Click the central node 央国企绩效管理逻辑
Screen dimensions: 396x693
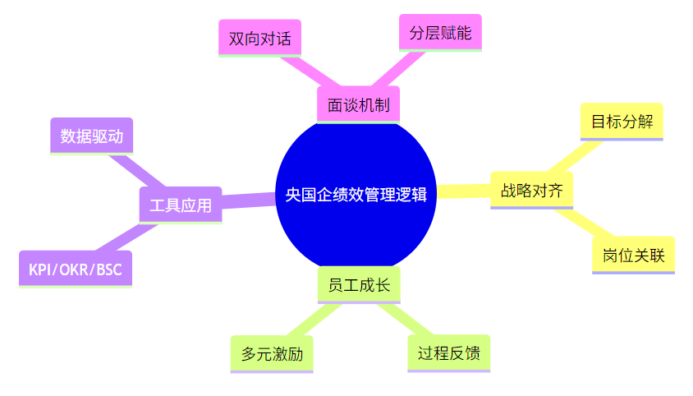(x=355, y=194)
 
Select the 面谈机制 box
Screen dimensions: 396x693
(x=358, y=105)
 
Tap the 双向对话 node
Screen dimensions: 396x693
(x=259, y=39)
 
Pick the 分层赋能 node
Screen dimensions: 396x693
(x=440, y=34)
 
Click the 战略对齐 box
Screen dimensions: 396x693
(x=531, y=191)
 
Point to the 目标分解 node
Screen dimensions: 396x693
(x=622, y=122)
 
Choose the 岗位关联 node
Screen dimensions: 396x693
(x=633, y=255)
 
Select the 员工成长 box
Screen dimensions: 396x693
(x=358, y=286)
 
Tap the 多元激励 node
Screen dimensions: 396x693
(x=272, y=354)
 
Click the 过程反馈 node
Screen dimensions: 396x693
(x=448, y=353)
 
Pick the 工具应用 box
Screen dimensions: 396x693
(x=181, y=205)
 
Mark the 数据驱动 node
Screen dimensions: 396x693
(x=91, y=136)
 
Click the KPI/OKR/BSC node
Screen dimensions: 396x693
(x=75, y=269)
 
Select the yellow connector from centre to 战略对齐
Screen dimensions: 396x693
(x=462, y=192)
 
